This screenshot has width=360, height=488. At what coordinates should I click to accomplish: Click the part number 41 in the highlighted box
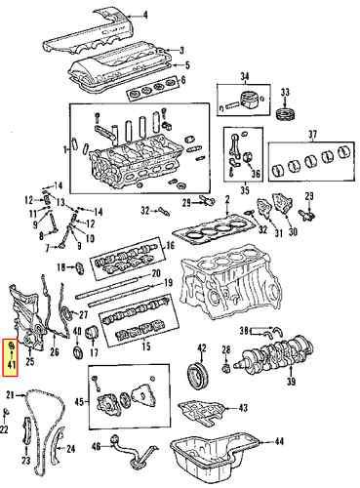12,366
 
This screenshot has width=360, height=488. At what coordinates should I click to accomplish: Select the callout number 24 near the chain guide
69,448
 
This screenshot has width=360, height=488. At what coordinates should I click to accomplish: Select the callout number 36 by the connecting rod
256,176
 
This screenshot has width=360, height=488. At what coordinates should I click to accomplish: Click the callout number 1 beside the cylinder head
64,149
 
